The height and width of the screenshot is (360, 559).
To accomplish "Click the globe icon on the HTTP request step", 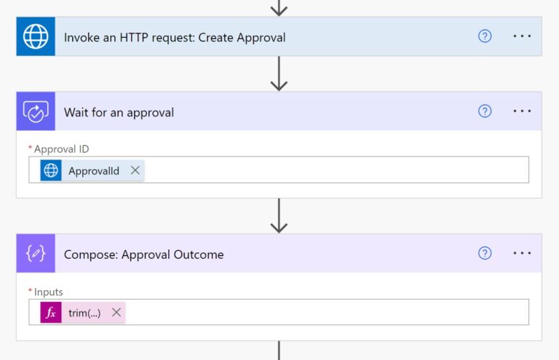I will pyautogui.click(x=36, y=36).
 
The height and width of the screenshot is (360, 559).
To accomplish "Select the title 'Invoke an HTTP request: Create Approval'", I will pyautogui.click(x=175, y=37).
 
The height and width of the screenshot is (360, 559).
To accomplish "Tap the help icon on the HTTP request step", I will pyautogui.click(x=485, y=36).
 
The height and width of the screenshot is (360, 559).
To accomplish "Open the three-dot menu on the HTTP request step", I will pyautogui.click(x=522, y=36).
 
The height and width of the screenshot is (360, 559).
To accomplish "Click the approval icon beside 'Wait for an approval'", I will pyautogui.click(x=36, y=111).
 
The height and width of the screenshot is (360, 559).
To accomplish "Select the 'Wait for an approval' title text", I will pyautogui.click(x=119, y=112).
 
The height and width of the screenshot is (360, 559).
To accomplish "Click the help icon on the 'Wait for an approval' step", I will pyautogui.click(x=485, y=111).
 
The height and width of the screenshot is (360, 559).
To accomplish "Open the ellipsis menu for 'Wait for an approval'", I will pyautogui.click(x=522, y=111).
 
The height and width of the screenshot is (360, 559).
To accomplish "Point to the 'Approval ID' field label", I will pyautogui.click(x=61, y=149).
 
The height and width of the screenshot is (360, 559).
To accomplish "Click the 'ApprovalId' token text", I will pyautogui.click(x=94, y=171).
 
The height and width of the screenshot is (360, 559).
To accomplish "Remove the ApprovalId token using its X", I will pyautogui.click(x=135, y=170).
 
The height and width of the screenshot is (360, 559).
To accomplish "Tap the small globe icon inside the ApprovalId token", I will pyautogui.click(x=51, y=171).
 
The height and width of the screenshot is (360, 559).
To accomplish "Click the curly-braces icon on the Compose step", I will pyautogui.click(x=36, y=254).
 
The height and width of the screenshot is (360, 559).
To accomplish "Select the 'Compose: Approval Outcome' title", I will pyautogui.click(x=143, y=255).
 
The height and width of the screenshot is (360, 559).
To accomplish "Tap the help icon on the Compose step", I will pyautogui.click(x=485, y=253).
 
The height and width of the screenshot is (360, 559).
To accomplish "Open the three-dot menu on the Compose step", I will pyautogui.click(x=522, y=253).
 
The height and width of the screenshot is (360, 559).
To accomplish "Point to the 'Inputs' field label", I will pyautogui.click(x=48, y=292).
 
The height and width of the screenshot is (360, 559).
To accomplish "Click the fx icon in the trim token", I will pyautogui.click(x=51, y=313).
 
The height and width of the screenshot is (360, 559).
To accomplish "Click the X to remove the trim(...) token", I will pyautogui.click(x=116, y=313).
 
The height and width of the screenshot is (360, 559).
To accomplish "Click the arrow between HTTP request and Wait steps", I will pyautogui.click(x=279, y=73).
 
